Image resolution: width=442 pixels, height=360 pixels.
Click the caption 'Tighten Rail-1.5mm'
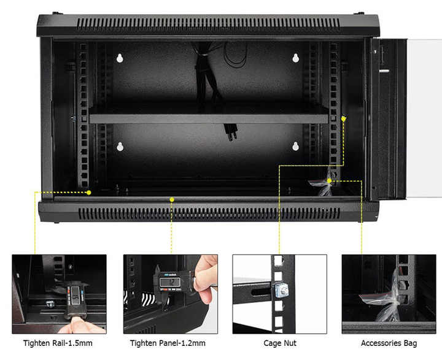pos(58,343)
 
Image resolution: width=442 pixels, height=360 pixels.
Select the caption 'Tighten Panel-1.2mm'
pos(168,343)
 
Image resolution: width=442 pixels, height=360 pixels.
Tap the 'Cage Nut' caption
pos(280,343)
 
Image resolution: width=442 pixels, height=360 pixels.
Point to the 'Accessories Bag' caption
pos(389,343)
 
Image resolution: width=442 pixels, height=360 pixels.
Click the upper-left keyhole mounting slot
pos(120,58)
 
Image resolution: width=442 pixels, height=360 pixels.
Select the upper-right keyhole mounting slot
pos(295,58)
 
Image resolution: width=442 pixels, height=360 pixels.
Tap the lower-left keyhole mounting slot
pos(120,147)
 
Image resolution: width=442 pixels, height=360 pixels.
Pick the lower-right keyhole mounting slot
pos(295,146)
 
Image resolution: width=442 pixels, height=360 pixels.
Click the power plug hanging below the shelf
pos(231,132)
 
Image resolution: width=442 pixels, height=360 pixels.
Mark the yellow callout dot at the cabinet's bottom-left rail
pos(89,193)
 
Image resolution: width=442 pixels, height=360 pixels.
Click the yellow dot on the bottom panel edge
pos(172,199)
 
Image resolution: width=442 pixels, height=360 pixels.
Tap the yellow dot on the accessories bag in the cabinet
pos(329,180)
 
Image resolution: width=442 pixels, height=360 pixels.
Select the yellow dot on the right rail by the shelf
pos(343,119)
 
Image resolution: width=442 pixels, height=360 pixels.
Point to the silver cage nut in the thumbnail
pos(281,291)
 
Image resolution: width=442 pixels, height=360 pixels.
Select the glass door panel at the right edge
pos(424,118)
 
